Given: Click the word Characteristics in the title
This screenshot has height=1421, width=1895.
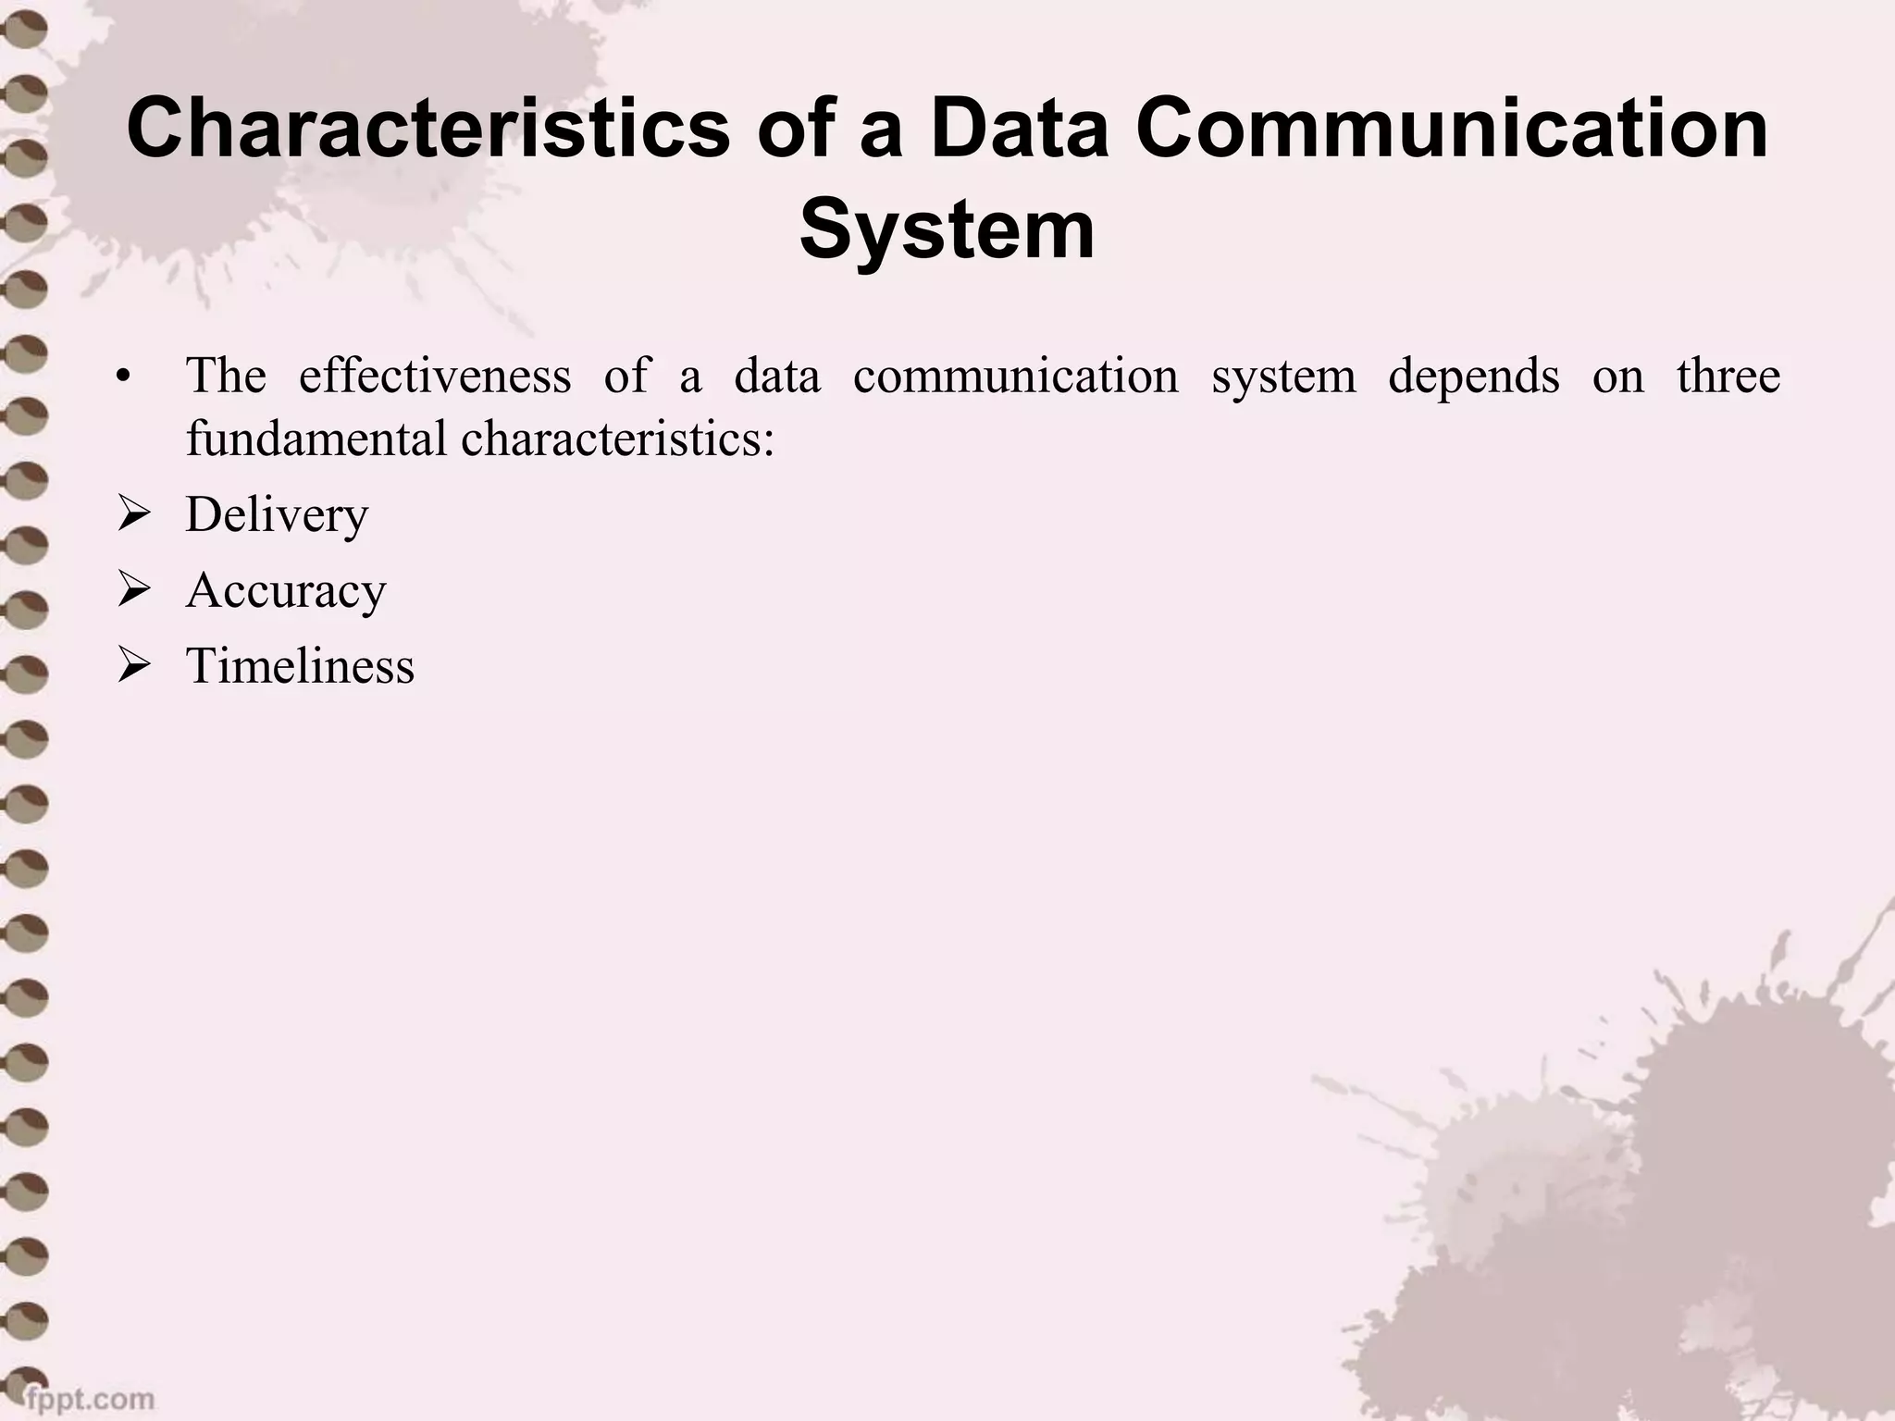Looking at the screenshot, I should click(x=427, y=130).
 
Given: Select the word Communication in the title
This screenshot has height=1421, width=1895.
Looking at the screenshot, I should click(x=1452, y=130).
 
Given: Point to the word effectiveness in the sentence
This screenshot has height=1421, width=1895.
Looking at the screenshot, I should click(x=435, y=376).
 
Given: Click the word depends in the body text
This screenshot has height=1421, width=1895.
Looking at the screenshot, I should click(x=1473, y=376).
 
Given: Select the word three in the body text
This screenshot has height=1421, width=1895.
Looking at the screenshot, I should click(x=1728, y=376).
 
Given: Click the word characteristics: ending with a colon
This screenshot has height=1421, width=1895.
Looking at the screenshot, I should click(x=617, y=439).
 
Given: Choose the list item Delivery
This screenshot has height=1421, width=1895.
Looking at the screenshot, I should click(x=277, y=515).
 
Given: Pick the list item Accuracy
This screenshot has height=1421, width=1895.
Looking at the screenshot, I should click(x=286, y=590).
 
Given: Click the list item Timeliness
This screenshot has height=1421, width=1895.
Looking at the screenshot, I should click(x=300, y=666).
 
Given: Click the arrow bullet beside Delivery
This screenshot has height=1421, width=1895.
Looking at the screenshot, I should click(x=133, y=515).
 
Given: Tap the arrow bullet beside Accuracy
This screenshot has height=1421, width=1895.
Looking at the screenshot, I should click(x=133, y=590).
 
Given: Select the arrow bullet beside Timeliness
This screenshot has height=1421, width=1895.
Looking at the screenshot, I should click(x=133, y=666).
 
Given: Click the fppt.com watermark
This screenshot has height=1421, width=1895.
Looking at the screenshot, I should click(x=89, y=1397).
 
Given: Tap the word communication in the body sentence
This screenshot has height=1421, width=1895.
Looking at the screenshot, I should click(x=1015, y=376).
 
